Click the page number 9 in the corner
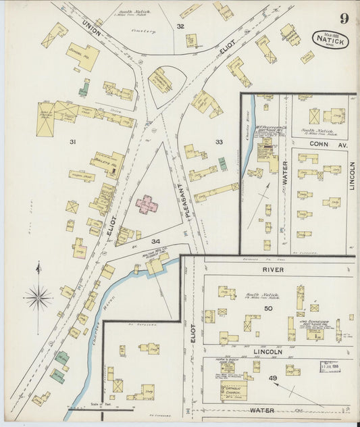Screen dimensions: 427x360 (344, 18)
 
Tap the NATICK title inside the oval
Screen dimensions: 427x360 (330, 41)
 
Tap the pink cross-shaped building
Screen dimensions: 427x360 (148, 204)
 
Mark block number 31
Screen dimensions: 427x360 (73, 142)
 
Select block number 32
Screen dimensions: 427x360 (180, 26)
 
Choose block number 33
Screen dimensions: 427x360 (218, 142)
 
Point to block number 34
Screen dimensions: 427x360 (155, 241)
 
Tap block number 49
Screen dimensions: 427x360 (274, 378)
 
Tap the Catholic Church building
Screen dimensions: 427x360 (233, 391)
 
